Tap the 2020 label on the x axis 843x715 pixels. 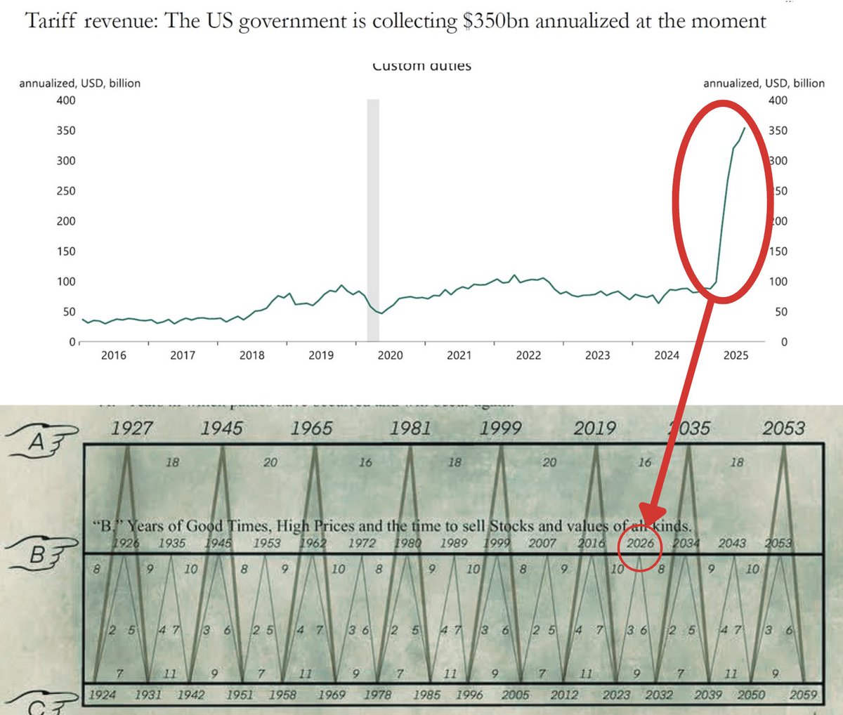pyautogui.click(x=391, y=355)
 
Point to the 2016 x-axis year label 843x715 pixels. pyautogui.click(x=114, y=355)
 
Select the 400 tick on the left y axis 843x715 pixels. pyautogui.click(x=66, y=100)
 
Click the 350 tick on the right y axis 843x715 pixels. pyautogui.click(x=778, y=131)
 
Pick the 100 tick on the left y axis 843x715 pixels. pyautogui.click(x=66, y=282)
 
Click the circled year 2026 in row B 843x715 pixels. pyautogui.click(x=640, y=544)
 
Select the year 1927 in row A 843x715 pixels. pyautogui.click(x=131, y=428)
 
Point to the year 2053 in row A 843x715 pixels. pyautogui.click(x=783, y=428)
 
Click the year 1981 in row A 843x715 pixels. pyautogui.click(x=410, y=428)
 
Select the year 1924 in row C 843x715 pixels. pyautogui.click(x=103, y=695)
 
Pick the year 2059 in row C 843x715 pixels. pyautogui.click(x=803, y=695)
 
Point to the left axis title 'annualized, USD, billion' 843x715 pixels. pyautogui.click(x=79, y=84)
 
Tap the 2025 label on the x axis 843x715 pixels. pyautogui.click(x=736, y=355)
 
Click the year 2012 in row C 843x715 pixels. pyautogui.click(x=564, y=695)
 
